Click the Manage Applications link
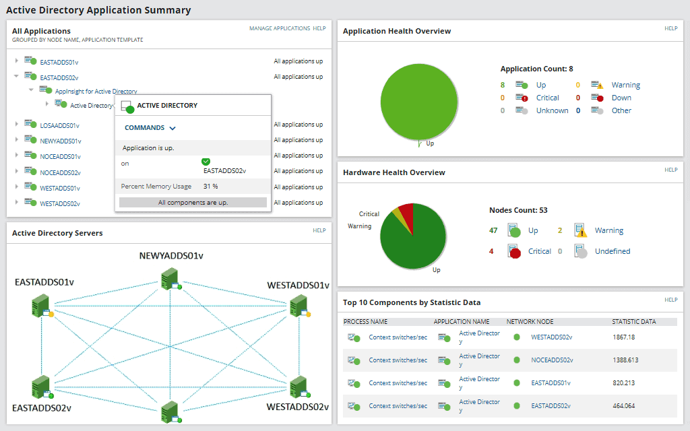(279, 28)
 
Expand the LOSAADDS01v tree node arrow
(17, 124)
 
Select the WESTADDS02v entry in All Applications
(60, 203)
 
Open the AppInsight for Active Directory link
(96, 91)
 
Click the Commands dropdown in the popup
(150, 127)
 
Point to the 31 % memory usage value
(210, 186)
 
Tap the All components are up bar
(193, 202)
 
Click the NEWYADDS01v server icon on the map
(168, 277)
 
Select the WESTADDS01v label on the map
(298, 285)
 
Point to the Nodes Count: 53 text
(517, 210)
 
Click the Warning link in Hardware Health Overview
(608, 230)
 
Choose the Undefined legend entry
(612, 251)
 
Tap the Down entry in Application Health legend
(621, 98)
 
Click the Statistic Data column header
(633, 321)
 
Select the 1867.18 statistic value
(624, 337)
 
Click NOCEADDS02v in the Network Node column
(551, 360)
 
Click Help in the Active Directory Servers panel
(319, 230)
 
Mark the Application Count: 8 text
(536, 69)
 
